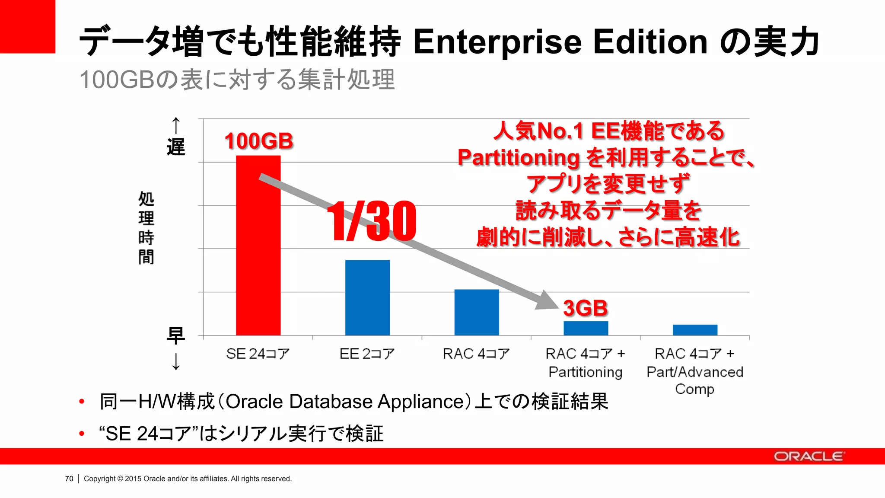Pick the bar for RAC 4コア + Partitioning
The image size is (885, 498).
pyautogui.click(x=586, y=328)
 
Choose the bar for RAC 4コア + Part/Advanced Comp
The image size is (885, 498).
pyautogui.click(x=695, y=330)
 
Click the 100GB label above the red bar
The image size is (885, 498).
pyautogui.click(x=259, y=141)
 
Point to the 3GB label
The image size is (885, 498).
pyautogui.click(x=586, y=308)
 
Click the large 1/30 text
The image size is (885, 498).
pyautogui.click(x=372, y=221)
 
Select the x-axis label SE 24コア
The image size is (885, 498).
pyautogui.click(x=258, y=354)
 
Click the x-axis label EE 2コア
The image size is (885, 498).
pyautogui.click(x=367, y=354)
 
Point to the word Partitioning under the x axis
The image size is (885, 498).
pyautogui.click(x=586, y=372)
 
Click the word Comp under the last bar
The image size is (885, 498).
pyautogui.click(x=694, y=389)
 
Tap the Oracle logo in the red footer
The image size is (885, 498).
pyautogui.click(x=809, y=456)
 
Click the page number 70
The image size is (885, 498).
pyautogui.click(x=69, y=479)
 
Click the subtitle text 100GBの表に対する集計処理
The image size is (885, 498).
pyautogui.click(x=237, y=80)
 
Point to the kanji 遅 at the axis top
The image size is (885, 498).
pyautogui.click(x=176, y=147)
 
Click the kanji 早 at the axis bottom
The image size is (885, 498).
pyautogui.click(x=176, y=335)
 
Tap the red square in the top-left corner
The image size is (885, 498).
pyautogui.click(x=28, y=26)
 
